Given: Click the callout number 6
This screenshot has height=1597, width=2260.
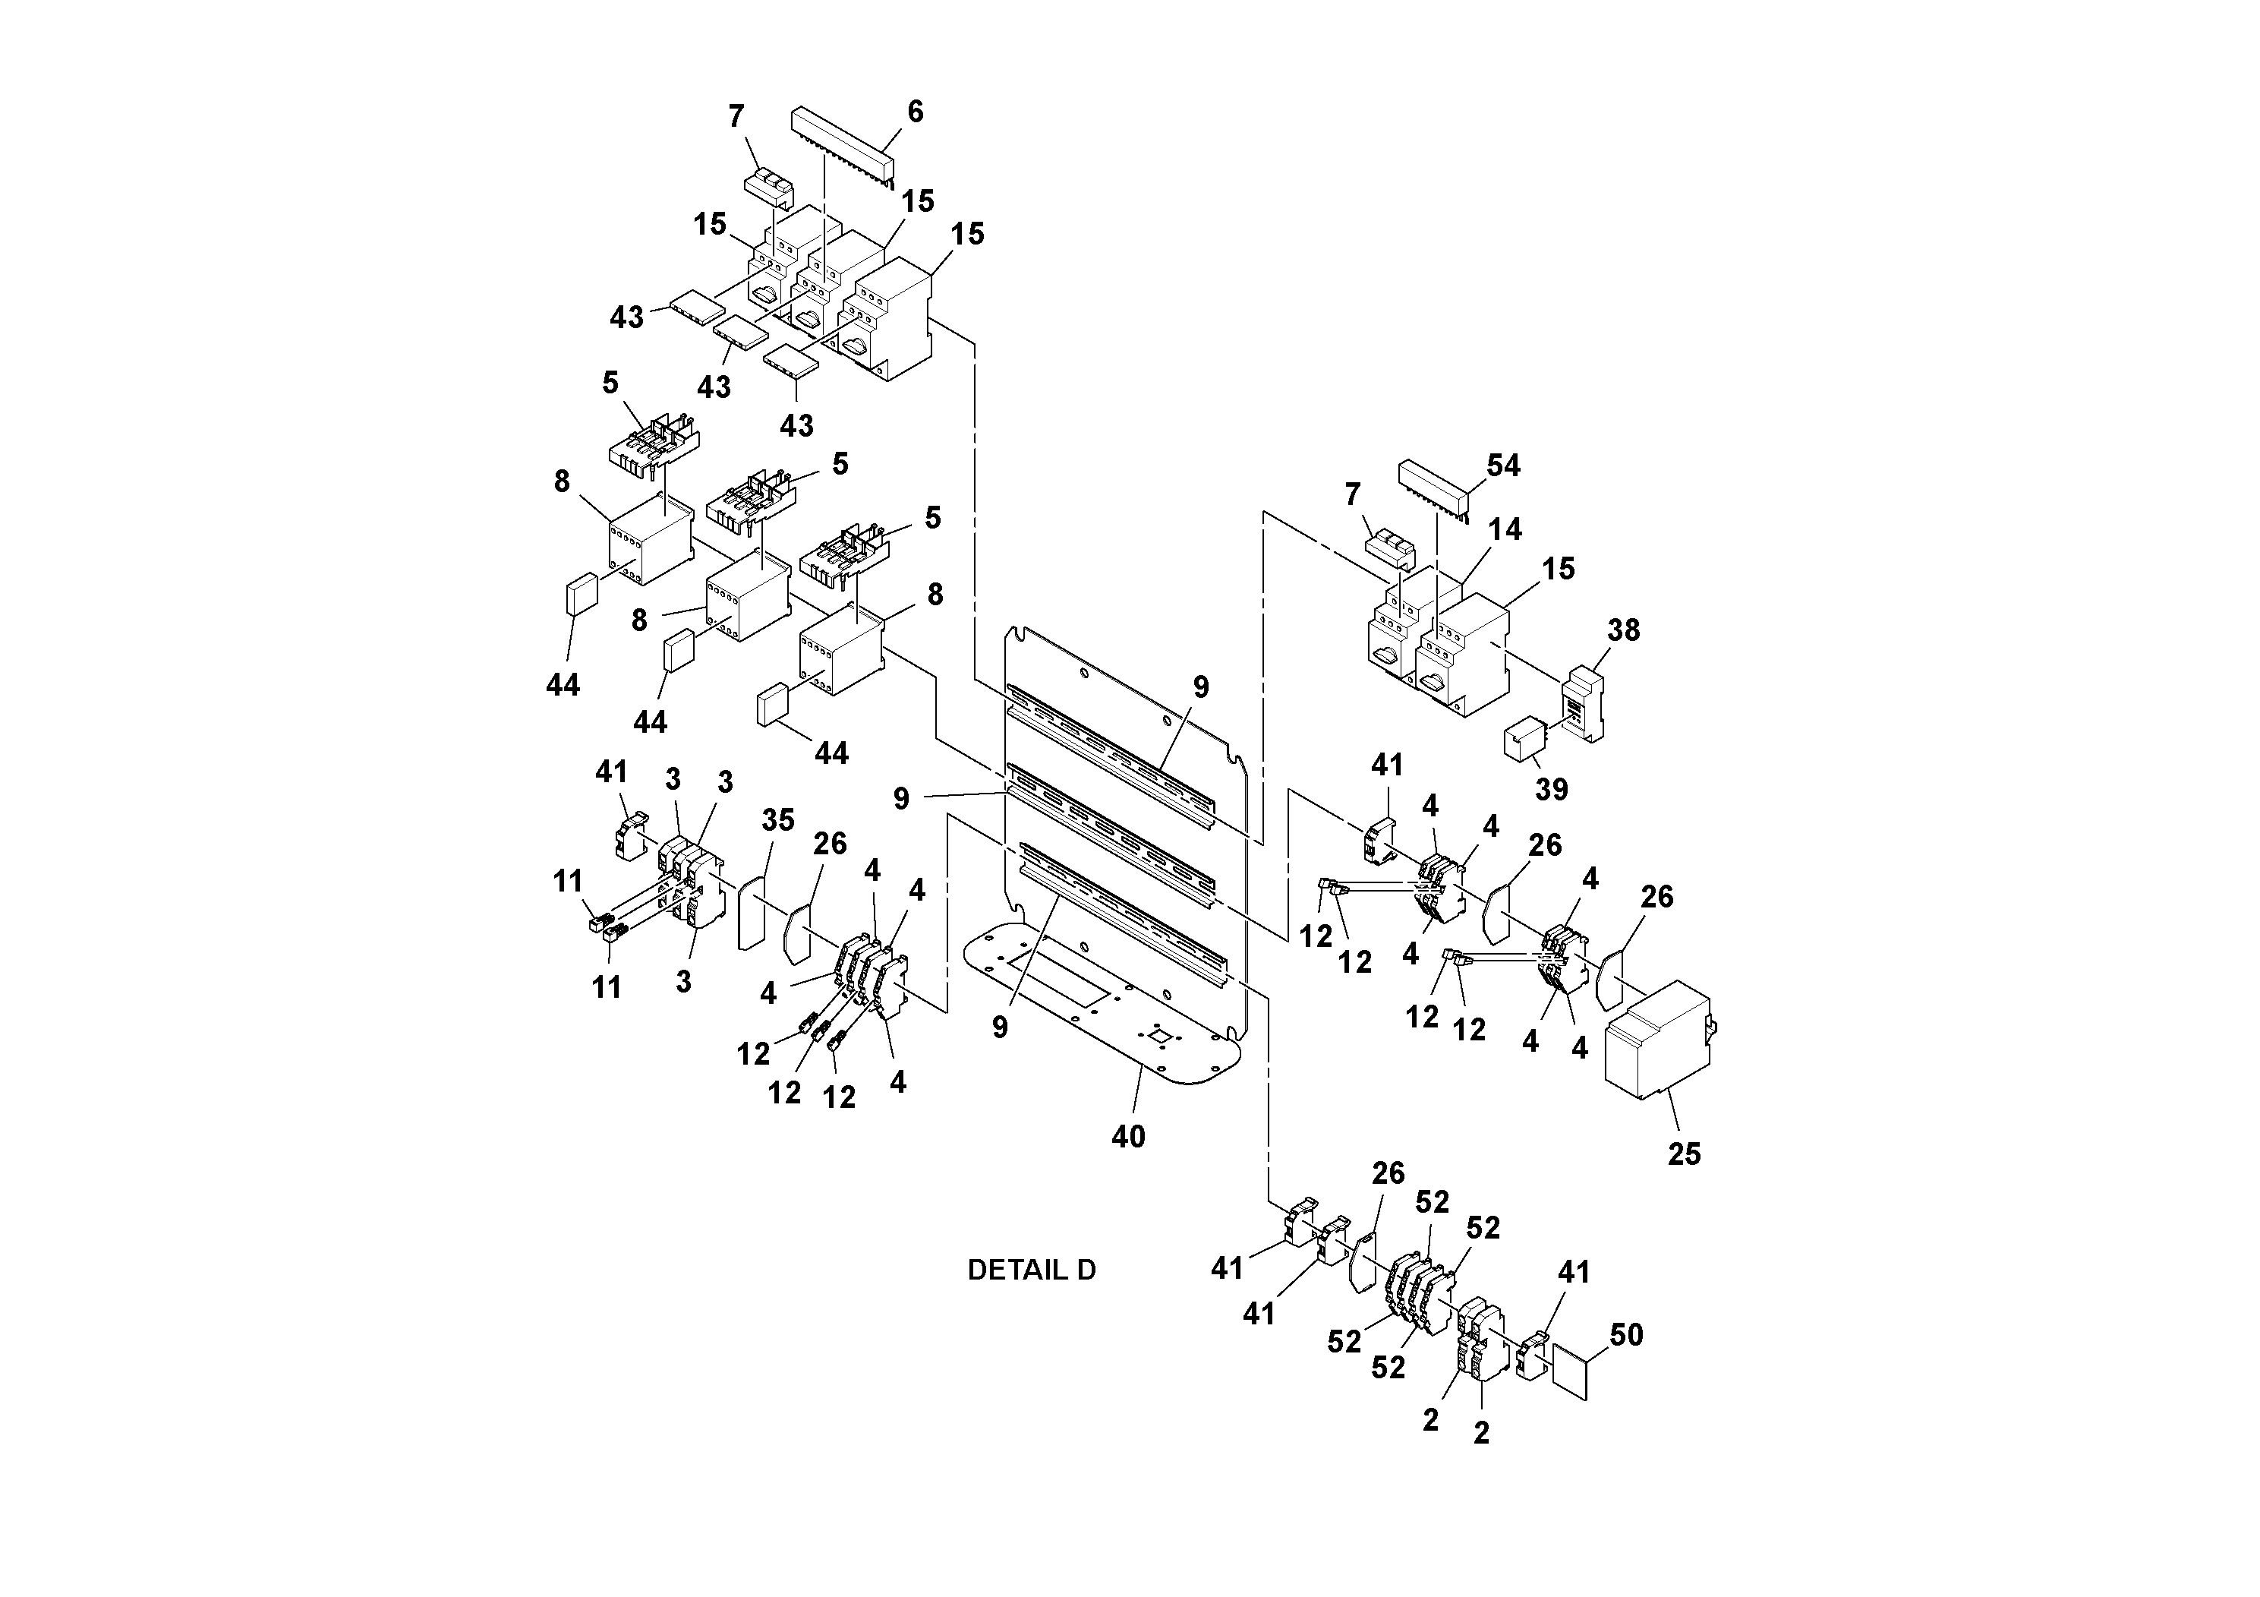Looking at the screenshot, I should [915, 112].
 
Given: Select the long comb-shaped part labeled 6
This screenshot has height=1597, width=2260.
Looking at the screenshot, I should [843, 144].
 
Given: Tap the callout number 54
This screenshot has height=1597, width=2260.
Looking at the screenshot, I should [1503, 466].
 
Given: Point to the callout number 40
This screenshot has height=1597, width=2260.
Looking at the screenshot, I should [1128, 1138].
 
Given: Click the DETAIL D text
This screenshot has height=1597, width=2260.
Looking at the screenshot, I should [1031, 1270].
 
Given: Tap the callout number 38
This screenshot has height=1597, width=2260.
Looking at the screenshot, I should [1623, 630].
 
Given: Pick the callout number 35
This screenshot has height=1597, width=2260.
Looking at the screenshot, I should [777, 820].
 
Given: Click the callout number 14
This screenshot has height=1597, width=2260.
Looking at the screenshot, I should [1504, 530].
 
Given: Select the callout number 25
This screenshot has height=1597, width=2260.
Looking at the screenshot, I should [1683, 1154].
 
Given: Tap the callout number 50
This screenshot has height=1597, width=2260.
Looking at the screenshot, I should [1626, 1335].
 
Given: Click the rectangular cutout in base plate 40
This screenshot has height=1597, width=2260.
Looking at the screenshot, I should [1058, 976].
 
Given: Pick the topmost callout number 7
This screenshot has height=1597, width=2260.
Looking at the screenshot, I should [736, 116].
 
